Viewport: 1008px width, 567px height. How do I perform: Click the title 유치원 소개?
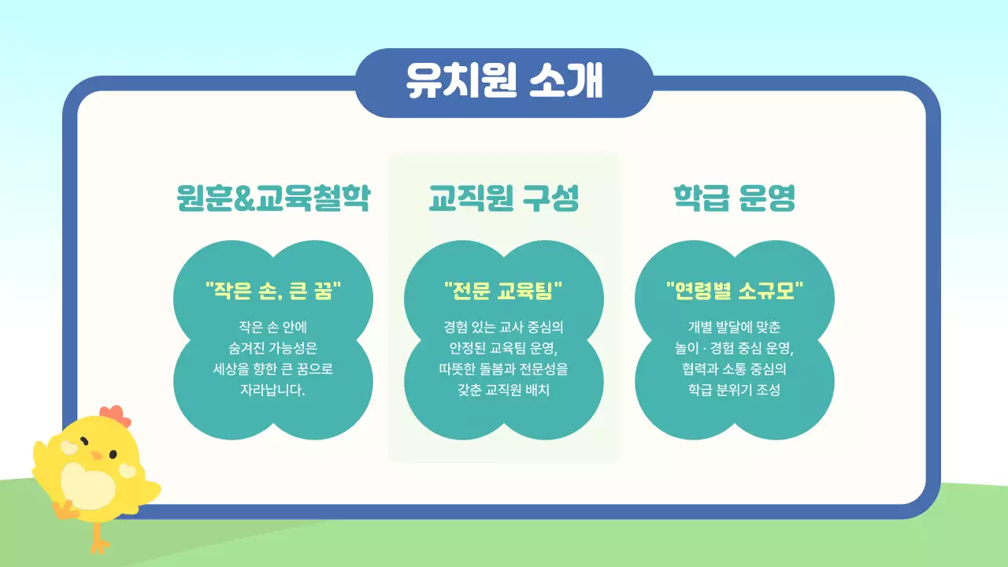tap(504, 81)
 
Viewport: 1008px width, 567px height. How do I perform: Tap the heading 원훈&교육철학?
tap(272, 198)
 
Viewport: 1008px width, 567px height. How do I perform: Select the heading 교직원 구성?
tap(504, 198)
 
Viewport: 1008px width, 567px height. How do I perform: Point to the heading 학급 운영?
tap(734, 198)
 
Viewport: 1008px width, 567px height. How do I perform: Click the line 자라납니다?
tap(272, 390)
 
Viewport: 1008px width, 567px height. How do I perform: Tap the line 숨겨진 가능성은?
tap(272, 348)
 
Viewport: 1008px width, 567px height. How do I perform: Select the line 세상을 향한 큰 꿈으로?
tap(272, 369)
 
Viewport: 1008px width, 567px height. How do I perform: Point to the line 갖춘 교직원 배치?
tap(504, 390)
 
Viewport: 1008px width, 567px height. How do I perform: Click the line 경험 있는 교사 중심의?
tap(504, 327)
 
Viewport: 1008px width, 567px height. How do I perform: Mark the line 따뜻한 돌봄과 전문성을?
tap(504, 369)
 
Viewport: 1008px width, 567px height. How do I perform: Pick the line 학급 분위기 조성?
tap(734, 390)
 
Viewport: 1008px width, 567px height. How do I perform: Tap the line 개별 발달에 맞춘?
tap(734, 327)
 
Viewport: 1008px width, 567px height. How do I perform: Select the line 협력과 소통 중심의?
tap(734, 369)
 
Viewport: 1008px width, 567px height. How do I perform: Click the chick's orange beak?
tap(96, 456)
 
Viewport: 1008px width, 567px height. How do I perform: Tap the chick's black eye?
tap(113, 454)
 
